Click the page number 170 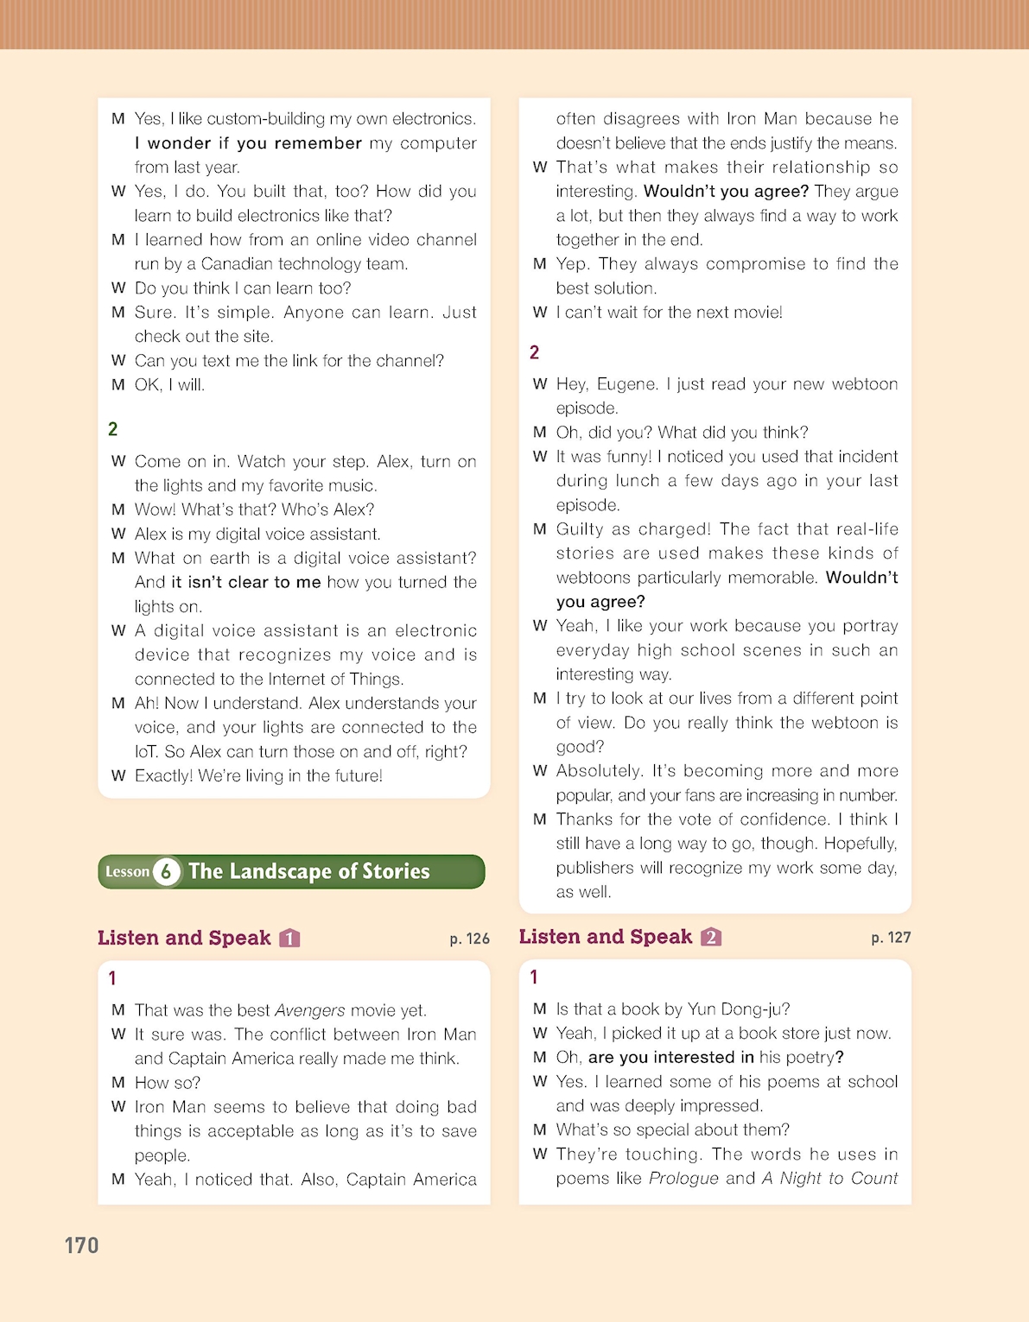coord(81,1245)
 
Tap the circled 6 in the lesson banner coord(167,871)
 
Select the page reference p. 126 coord(469,939)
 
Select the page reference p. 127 coord(891,937)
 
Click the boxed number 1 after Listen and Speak coord(290,939)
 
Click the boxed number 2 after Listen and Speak coord(711,937)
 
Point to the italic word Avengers coord(309,1010)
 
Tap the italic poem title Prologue coord(683,1179)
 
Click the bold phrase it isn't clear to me coord(246,583)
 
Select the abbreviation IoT coord(146,752)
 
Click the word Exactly coord(163,776)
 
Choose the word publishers coord(595,868)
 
